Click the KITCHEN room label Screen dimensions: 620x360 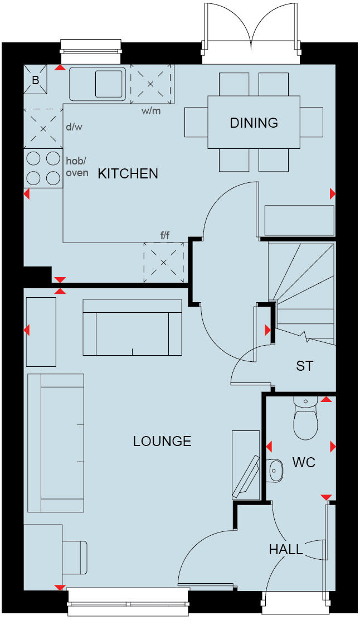[128, 173]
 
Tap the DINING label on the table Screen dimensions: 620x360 [254, 123]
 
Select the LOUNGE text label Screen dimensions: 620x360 [162, 442]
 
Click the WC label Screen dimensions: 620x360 [304, 462]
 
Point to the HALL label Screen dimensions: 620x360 [286, 550]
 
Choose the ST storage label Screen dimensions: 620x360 [304, 366]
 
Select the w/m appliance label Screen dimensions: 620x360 [150, 111]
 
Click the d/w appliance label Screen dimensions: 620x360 [74, 127]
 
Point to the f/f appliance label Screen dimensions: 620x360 [165, 236]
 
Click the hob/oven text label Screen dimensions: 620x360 [77, 167]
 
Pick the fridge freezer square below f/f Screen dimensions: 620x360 [164, 262]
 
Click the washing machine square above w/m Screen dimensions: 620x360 [150, 84]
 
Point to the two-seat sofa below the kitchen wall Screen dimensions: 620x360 [132, 327]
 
